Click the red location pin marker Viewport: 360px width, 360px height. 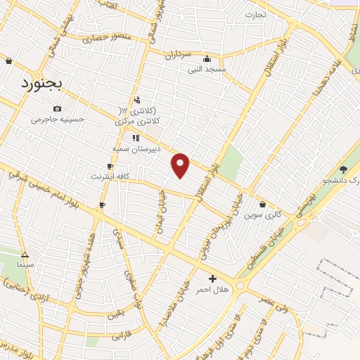coord(181,165)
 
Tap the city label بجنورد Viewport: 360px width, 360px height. coord(39,84)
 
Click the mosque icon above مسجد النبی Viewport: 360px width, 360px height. coord(207,59)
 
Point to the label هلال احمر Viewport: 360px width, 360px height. coord(212,289)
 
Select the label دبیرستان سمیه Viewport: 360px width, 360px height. coord(136,149)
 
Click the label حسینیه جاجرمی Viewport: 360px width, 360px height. coord(58,119)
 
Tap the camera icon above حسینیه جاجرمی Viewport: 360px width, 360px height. coord(58,108)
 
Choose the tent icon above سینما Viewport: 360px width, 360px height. coord(26,254)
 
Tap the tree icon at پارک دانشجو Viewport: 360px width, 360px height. coord(343,169)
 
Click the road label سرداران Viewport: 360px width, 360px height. coord(178,54)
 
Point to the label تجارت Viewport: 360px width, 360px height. coord(257,15)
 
